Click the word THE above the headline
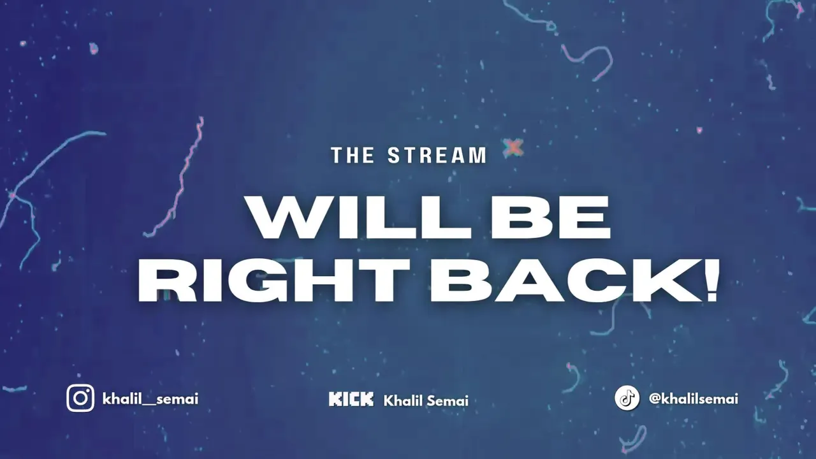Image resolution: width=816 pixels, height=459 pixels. pyautogui.click(x=353, y=155)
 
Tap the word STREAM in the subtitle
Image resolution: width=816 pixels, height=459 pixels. pyautogui.click(x=437, y=155)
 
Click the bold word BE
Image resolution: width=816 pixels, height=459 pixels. pyautogui.click(x=551, y=217)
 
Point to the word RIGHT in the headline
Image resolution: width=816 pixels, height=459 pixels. pyautogui.click(x=273, y=280)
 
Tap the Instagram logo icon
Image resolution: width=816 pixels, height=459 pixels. pyautogui.click(x=80, y=398)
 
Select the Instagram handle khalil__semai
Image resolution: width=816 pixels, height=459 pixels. pyautogui.click(x=150, y=399)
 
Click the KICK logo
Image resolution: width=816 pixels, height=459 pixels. pyautogui.click(x=351, y=399)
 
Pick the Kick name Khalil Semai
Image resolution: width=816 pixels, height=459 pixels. pyautogui.click(x=426, y=401)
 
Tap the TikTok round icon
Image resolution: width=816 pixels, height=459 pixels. pyautogui.click(x=627, y=398)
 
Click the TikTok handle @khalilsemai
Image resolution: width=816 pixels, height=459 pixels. pyautogui.click(x=694, y=399)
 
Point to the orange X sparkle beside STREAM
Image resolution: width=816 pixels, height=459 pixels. pyautogui.click(x=514, y=147)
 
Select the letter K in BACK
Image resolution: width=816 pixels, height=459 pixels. pyautogui.click(x=674, y=280)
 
